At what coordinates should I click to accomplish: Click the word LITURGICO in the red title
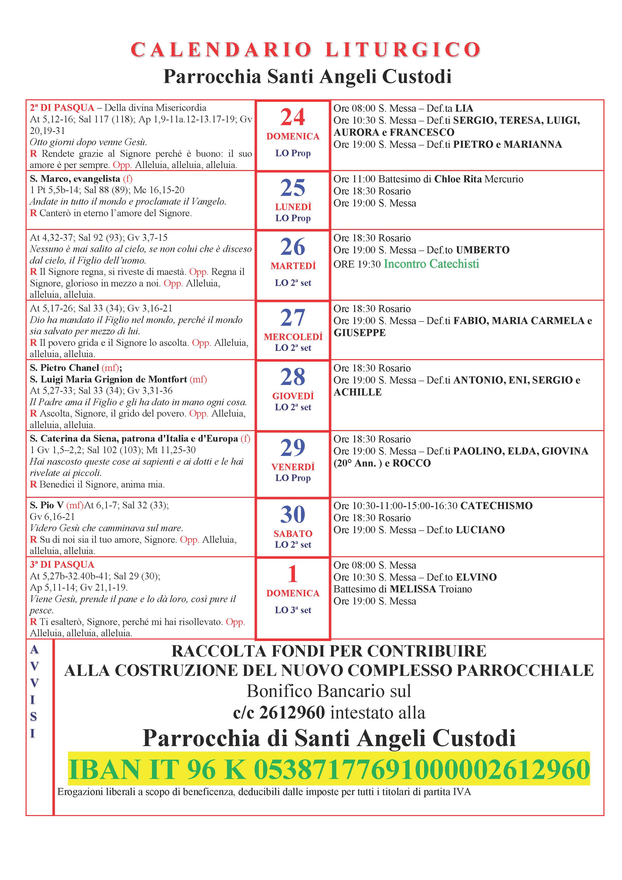(x=403, y=50)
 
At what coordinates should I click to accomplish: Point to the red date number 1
(x=292, y=574)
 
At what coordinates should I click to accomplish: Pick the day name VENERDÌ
(x=293, y=466)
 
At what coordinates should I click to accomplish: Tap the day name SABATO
(x=293, y=533)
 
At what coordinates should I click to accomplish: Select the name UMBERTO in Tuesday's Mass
(x=483, y=250)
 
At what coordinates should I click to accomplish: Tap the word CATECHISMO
(x=496, y=506)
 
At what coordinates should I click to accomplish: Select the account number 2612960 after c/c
(x=292, y=712)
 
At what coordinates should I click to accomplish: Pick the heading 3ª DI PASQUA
(x=62, y=565)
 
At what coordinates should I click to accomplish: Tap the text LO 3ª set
(x=293, y=610)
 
